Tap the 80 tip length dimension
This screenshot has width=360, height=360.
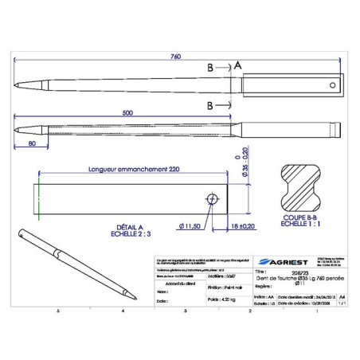31,144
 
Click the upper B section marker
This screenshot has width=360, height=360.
209,68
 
